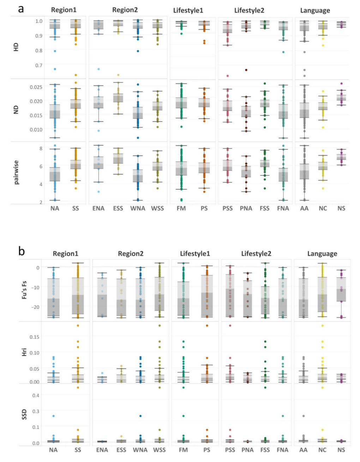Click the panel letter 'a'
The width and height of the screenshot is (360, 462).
(x=21, y=9)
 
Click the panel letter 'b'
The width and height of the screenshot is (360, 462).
(x=22, y=251)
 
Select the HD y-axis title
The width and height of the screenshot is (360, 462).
(x=16, y=47)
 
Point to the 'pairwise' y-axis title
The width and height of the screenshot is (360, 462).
(x=16, y=172)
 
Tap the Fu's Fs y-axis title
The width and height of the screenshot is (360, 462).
(x=24, y=290)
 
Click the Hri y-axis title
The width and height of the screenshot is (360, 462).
(x=24, y=352)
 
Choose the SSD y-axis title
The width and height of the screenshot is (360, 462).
(x=24, y=414)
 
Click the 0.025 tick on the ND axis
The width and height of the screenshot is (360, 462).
(x=36, y=87)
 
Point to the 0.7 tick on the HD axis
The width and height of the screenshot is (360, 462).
(x=38, y=65)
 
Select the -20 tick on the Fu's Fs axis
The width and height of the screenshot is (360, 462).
(x=35, y=307)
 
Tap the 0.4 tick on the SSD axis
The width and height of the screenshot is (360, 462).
(x=36, y=396)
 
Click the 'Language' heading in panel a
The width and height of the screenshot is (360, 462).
(x=315, y=11)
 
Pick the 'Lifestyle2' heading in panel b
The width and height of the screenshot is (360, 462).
(x=256, y=254)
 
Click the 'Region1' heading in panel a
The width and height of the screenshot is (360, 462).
(x=64, y=10)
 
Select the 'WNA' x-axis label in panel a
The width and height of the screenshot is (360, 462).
(x=138, y=208)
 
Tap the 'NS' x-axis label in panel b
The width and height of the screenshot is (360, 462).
(x=341, y=450)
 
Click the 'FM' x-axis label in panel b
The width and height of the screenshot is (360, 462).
(x=183, y=450)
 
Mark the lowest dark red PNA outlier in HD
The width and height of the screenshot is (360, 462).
(x=246, y=70)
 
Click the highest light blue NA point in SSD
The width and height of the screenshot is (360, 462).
(x=54, y=416)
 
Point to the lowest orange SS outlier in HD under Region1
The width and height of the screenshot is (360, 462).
(x=76, y=75)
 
